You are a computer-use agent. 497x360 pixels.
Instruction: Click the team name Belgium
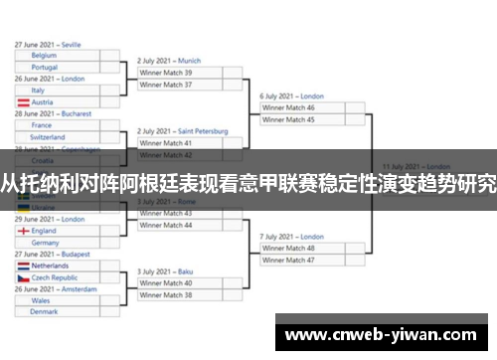coord(44,56)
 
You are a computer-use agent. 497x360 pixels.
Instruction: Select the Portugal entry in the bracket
coord(45,68)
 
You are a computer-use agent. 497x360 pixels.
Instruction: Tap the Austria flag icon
coord(22,102)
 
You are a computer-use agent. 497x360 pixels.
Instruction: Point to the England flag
coord(22,231)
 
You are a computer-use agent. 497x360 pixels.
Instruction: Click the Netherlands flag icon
coord(22,267)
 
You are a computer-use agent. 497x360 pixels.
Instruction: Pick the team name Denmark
coord(45,311)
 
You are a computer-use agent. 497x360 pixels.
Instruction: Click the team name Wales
coord(40,299)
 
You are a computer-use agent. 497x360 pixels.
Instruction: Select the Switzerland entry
coord(49,137)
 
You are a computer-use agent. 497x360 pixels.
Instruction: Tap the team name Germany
coord(46,243)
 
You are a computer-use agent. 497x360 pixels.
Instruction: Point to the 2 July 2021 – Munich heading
coord(169,61)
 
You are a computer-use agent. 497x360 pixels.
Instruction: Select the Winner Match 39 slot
coord(166,73)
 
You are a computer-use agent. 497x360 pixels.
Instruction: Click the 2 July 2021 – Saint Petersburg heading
coord(182,131)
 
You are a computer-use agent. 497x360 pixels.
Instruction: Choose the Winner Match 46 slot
coord(287,107)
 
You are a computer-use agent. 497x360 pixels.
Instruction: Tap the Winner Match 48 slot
coord(287,248)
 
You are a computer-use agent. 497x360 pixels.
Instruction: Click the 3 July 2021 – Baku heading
coord(165,271)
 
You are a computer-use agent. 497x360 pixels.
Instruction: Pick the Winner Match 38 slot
coord(166,295)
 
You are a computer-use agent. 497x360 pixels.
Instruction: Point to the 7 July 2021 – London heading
coord(291,237)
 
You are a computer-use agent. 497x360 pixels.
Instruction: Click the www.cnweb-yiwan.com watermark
coord(386,335)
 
